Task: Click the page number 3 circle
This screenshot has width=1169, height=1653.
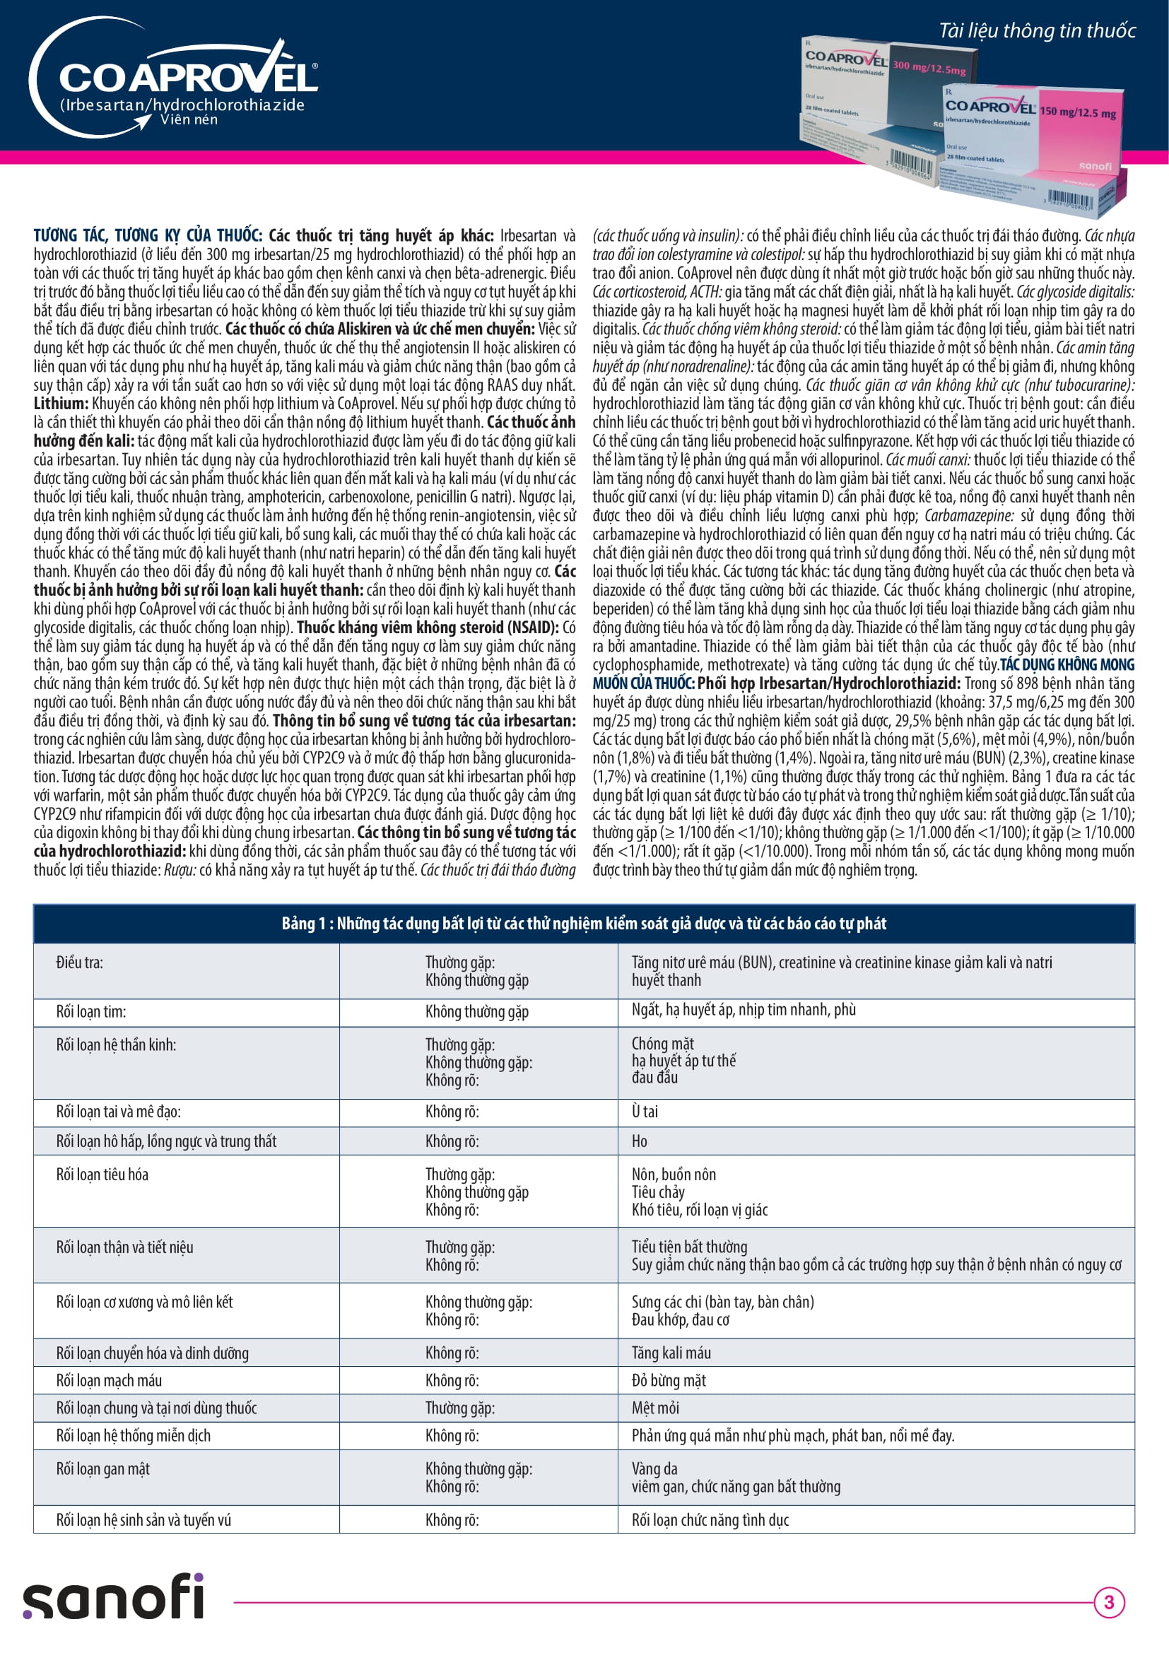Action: click(1108, 1603)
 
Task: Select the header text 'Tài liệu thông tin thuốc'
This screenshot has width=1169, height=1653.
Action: click(1037, 31)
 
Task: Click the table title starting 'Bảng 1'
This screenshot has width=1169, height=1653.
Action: click(584, 924)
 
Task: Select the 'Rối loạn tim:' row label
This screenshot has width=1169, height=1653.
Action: click(91, 1011)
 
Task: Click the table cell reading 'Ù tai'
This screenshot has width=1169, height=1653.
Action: click(645, 1112)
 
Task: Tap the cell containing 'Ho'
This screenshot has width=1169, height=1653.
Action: click(639, 1141)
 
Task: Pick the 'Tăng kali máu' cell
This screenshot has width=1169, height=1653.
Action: click(671, 1353)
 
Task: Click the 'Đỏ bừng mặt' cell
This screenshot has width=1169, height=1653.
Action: click(668, 1380)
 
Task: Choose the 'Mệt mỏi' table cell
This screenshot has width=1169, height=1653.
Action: click(655, 1408)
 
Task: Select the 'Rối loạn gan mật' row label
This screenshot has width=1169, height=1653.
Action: click(103, 1469)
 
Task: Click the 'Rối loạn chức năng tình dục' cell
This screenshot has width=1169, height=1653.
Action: click(710, 1520)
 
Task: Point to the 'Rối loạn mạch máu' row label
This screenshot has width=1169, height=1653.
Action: click(109, 1380)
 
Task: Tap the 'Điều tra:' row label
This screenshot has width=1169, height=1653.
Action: click(80, 963)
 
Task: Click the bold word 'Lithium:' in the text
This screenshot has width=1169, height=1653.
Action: click(61, 404)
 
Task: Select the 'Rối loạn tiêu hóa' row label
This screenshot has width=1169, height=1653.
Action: click(102, 1175)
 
